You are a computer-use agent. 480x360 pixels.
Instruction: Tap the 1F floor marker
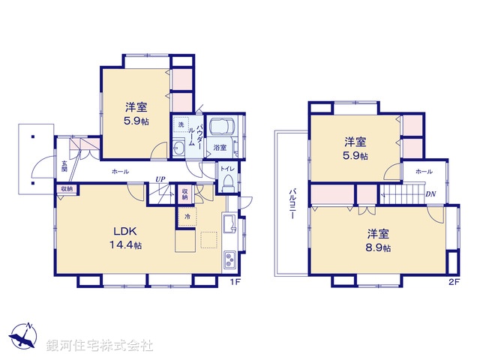click(234, 282)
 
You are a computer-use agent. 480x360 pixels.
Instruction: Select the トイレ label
click(227, 169)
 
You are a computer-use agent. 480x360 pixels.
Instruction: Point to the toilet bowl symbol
click(228, 183)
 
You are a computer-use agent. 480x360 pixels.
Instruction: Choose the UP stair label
click(160, 178)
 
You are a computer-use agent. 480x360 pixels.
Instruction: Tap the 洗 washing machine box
click(181, 124)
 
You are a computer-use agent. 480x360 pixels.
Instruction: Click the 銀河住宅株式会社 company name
click(99, 345)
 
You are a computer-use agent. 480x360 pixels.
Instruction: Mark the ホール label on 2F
click(423, 172)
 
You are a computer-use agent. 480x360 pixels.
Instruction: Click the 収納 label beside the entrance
click(66, 189)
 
